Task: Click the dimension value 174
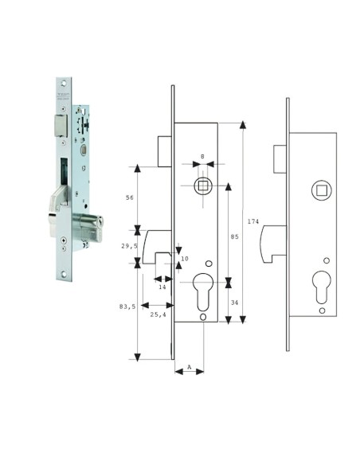253,221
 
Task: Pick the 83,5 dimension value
127,306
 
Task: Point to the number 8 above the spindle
202,157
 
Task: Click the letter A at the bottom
189,368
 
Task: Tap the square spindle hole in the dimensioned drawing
202,186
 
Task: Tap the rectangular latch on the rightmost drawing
280,157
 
